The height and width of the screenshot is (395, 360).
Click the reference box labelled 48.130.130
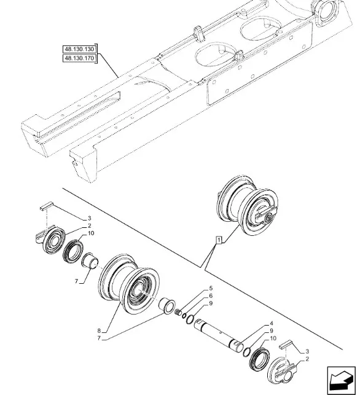click(79, 49)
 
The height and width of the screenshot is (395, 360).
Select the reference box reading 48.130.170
click(79, 58)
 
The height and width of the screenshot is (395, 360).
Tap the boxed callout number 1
click(219, 240)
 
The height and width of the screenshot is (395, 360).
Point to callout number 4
click(272, 324)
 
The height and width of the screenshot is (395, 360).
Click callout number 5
click(211, 288)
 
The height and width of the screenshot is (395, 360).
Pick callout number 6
click(211, 295)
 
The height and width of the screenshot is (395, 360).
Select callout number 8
click(99, 330)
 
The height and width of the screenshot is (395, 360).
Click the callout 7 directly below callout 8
click(99, 338)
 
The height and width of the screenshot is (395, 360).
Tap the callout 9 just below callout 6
click(211, 303)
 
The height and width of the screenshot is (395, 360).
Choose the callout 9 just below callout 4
click(272, 330)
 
